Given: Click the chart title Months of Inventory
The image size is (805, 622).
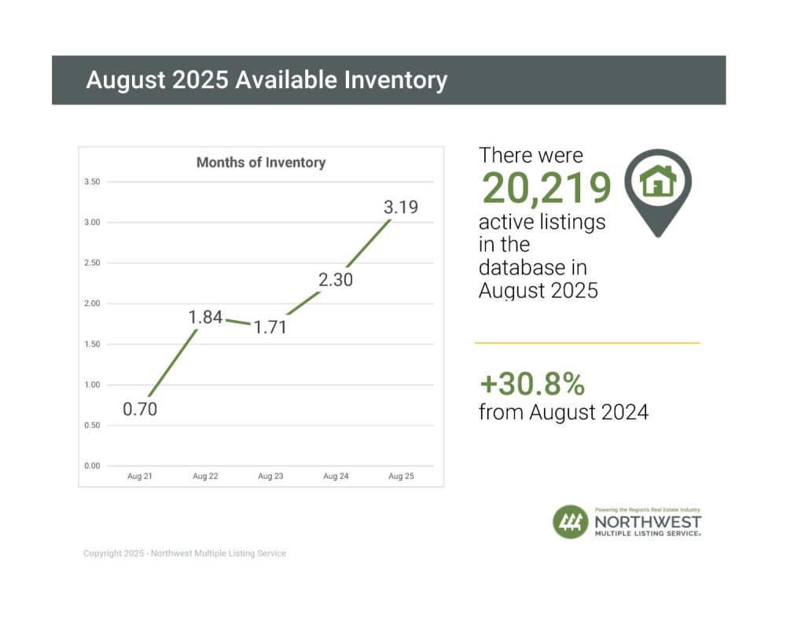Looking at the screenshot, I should point(260,163).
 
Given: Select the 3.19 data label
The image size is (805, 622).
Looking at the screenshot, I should point(400,208).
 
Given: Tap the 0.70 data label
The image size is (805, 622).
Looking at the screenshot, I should point(140,409).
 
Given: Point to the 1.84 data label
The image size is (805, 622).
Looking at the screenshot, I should point(205,318).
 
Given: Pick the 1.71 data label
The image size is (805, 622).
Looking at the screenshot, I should point(270,327).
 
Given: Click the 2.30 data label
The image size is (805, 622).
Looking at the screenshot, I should point(335,278).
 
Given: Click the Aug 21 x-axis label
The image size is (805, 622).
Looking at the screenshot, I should point(139,477).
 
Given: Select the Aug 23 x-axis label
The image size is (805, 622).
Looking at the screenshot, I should point(270,477).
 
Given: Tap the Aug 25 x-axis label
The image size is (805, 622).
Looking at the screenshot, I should point(400,477).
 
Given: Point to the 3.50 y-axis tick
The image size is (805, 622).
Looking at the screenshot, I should point(91,182).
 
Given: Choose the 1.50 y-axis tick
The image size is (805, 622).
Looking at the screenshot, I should point(91,344).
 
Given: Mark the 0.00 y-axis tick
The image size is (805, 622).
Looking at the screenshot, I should point(91,466).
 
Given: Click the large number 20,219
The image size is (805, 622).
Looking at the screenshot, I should point(546,189).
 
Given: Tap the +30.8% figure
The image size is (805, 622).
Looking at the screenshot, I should point(532,384).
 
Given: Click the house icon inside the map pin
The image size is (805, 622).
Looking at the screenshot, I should point(658,182).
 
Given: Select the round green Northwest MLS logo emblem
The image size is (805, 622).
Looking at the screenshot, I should point(571,522).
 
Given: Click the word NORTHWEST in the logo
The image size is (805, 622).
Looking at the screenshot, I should point(648,521).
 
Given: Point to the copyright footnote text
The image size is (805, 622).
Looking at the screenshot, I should point(185,554).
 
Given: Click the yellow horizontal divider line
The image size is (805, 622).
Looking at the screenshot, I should point(586,343).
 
